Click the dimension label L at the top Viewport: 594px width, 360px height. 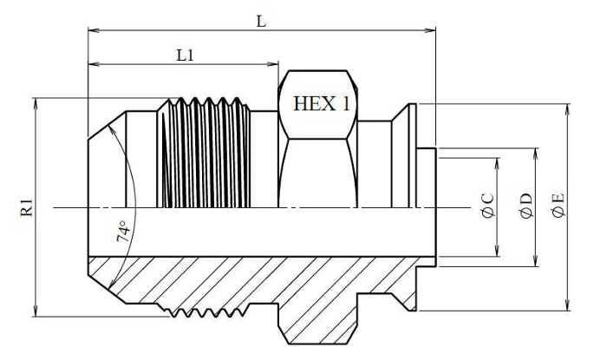261,22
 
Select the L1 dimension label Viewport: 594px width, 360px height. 186,56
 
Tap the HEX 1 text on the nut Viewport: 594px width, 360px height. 322,103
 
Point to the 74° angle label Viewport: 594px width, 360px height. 123,231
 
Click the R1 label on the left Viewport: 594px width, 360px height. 27,207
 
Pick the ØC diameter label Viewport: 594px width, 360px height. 488,206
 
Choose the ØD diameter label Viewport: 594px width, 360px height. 526,206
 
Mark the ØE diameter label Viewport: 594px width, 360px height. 558,206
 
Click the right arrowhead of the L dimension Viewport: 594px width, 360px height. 430,30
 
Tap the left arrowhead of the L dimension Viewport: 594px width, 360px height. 94,30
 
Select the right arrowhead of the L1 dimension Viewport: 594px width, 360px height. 273,63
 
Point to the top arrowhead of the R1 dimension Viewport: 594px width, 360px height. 36,104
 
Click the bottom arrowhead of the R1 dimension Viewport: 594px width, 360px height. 36,311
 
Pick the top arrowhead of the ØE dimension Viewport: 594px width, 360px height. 567,109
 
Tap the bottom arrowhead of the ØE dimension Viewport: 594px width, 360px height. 567,305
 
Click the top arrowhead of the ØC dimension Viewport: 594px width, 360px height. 498,163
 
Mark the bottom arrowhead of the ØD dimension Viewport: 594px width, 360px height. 536,261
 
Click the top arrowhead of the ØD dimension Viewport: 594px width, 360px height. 536,154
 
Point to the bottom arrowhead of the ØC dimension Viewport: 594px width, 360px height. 498,251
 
